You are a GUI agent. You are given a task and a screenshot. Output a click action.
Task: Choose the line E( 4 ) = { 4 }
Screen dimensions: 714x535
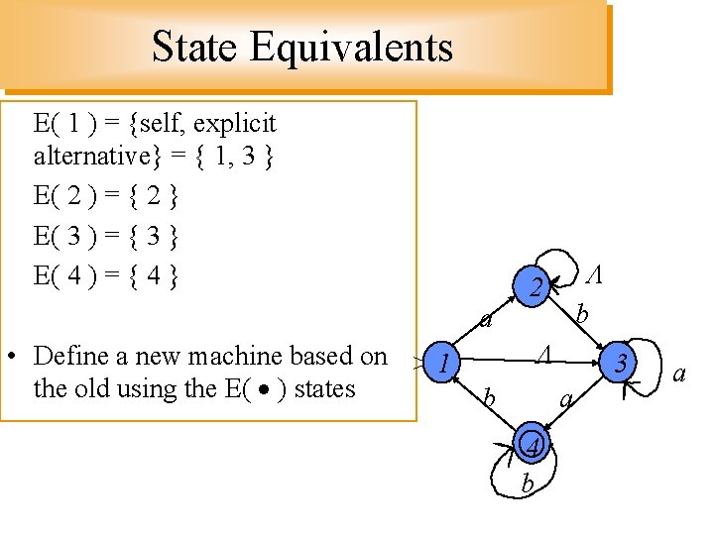point(106,272)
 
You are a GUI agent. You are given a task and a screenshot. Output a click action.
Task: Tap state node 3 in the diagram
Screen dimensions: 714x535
point(621,364)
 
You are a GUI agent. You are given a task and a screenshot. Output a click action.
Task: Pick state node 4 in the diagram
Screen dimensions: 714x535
point(535,448)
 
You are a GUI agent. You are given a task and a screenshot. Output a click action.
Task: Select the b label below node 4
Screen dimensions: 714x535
point(527,484)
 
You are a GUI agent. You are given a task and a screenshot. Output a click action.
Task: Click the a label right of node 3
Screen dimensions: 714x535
point(679,374)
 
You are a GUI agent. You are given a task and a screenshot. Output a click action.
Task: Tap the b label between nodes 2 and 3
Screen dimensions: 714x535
point(583,315)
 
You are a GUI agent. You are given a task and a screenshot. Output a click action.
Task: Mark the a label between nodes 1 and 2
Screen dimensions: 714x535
point(485,319)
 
